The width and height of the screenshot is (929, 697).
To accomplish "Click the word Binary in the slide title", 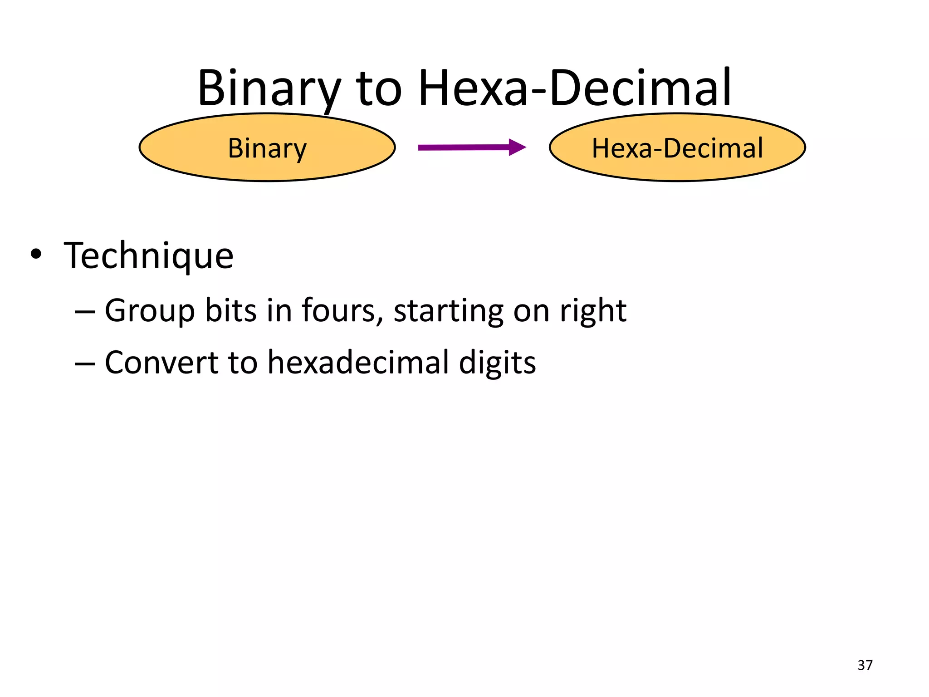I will pos(269,88).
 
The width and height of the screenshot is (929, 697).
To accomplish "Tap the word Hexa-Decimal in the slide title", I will pos(574,88).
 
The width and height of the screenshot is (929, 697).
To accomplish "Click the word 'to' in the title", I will pos(379,88).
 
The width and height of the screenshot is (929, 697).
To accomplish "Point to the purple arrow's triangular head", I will pos(517,147).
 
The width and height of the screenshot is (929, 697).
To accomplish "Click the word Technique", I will pos(149,255).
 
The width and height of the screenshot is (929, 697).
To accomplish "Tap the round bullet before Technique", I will pos(36,254).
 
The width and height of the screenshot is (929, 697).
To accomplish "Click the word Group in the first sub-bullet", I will pos(150,311).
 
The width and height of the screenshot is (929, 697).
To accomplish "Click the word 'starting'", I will pos(448,311).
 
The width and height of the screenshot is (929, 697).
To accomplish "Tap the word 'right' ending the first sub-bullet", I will pos(593,311).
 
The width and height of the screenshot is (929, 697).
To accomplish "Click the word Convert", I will pos(161,363).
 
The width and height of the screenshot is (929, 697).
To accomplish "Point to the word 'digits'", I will pos(497,363).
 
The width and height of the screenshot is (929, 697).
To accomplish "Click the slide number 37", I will pos(865,665).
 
